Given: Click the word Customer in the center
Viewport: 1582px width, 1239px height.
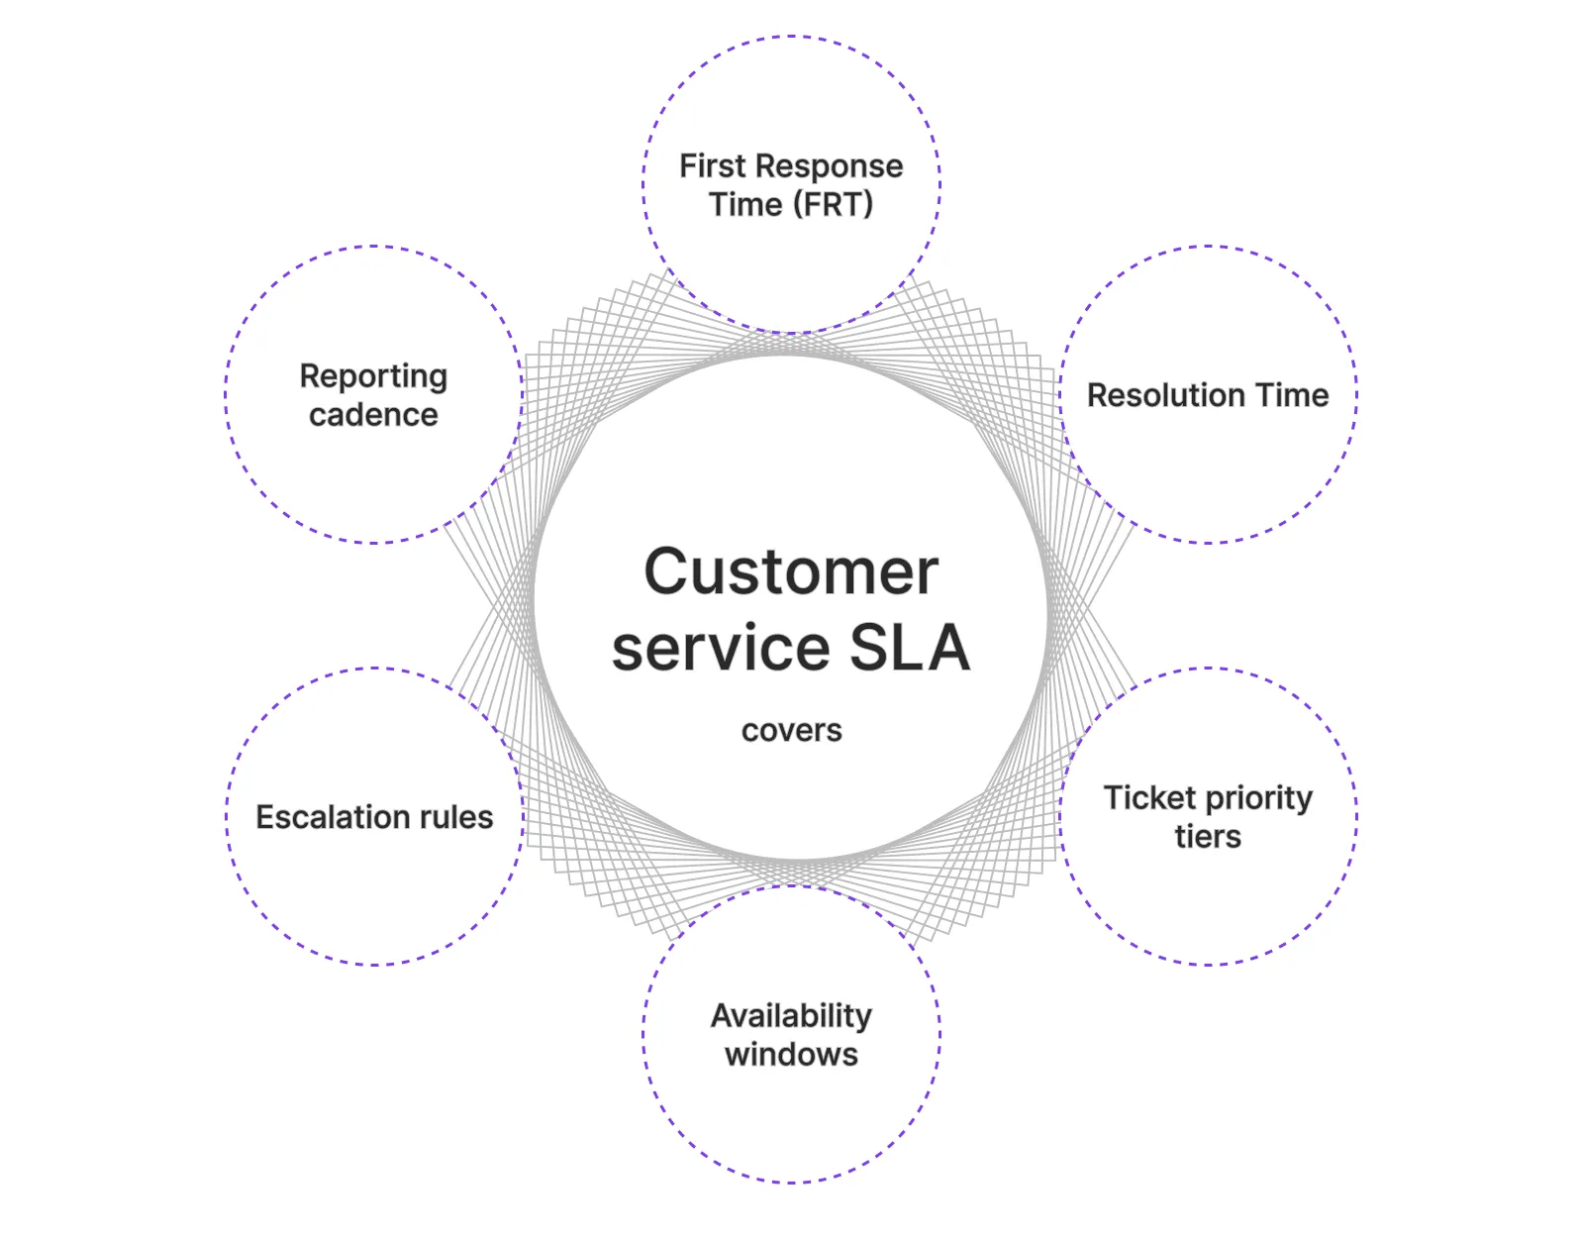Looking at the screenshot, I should click(x=790, y=571).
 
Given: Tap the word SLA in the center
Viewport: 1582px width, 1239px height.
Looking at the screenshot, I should click(x=909, y=648).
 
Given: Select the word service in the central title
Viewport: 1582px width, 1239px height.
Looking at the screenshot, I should click(x=721, y=650).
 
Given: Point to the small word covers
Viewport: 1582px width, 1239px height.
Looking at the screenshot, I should click(x=791, y=731).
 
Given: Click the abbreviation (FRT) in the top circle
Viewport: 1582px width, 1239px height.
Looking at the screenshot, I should click(x=833, y=205).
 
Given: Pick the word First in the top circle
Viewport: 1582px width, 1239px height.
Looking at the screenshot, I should click(x=712, y=165).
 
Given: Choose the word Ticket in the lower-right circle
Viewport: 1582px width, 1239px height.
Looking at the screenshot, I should click(x=1149, y=797).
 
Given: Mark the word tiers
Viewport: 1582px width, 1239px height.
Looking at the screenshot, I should click(x=1207, y=837).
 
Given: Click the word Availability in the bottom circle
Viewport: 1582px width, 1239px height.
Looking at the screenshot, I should click(x=791, y=1016).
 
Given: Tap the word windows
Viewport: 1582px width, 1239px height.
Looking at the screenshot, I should click(x=791, y=1055).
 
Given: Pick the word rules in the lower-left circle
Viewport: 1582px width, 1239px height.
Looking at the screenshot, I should click(x=455, y=817).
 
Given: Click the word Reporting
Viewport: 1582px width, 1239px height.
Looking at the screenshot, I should click(x=373, y=376).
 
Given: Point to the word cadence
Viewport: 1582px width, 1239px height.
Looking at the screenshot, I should click(x=373, y=415).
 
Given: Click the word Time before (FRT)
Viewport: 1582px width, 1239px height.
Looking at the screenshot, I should click(x=745, y=205).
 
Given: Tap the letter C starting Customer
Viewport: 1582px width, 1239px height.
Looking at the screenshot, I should click(x=667, y=571).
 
